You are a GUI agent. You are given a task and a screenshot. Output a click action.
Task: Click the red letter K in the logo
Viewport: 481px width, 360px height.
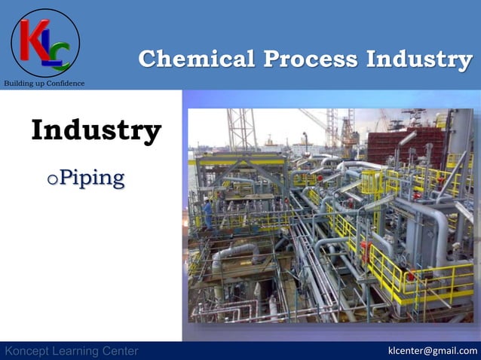point(35,39)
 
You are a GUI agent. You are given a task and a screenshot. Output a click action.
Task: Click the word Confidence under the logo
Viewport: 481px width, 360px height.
point(66,83)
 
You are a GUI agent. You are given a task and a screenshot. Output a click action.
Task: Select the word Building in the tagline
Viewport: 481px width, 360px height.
point(18,83)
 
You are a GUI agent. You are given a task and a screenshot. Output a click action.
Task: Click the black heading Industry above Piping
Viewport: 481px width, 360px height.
point(96,130)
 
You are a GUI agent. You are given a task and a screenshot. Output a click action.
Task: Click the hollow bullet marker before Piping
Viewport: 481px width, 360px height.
point(51,180)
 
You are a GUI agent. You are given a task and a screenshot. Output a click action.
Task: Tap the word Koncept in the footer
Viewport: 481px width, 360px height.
point(29,351)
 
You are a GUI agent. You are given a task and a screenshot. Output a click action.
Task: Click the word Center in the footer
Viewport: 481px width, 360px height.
point(119,351)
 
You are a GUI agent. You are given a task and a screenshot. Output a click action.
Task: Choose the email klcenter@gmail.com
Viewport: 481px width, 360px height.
point(432,350)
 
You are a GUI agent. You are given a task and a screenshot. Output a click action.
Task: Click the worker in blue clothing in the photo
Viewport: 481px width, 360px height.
point(207,214)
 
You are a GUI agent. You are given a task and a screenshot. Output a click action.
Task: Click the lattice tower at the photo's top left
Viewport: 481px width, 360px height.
point(240,128)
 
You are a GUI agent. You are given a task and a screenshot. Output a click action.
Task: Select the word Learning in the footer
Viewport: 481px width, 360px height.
point(76,351)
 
